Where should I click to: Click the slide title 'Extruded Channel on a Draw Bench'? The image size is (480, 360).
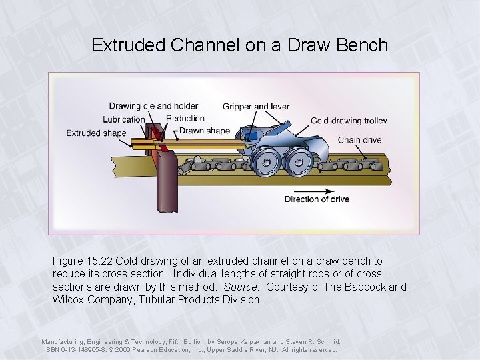(239, 45)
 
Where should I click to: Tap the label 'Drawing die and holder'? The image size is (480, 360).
(153, 106)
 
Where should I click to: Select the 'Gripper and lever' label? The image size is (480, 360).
(256, 107)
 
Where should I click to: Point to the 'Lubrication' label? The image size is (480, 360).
(124, 120)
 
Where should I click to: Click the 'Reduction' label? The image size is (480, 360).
(185, 119)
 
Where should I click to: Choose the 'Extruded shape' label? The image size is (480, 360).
(96, 133)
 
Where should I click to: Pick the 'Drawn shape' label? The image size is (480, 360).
(205, 131)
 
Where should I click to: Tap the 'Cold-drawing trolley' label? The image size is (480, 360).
(349, 121)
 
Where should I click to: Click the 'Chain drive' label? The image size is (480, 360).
(360, 140)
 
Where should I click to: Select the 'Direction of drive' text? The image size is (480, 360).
(317, 199)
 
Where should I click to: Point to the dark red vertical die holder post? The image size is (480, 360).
(165, 181)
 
